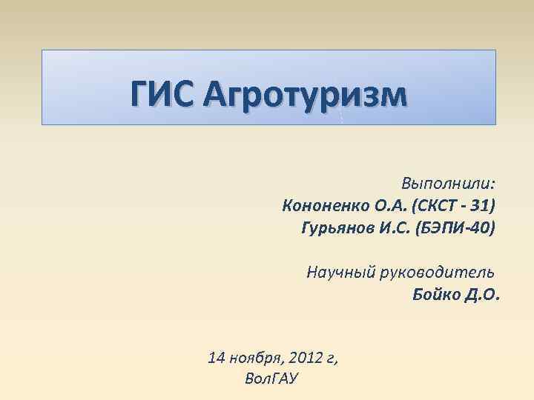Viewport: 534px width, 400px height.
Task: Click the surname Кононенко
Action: (x=321, y=204)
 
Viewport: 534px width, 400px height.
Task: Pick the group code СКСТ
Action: (x=432, y=204)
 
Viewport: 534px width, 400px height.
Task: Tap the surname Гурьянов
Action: (x=333, y=225)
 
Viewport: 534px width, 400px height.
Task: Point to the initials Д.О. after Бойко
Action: (x=484, y=296)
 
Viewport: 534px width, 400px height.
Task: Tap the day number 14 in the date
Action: (x=217, y=359)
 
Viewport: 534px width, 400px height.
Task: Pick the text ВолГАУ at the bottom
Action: (x=271, y=379)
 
